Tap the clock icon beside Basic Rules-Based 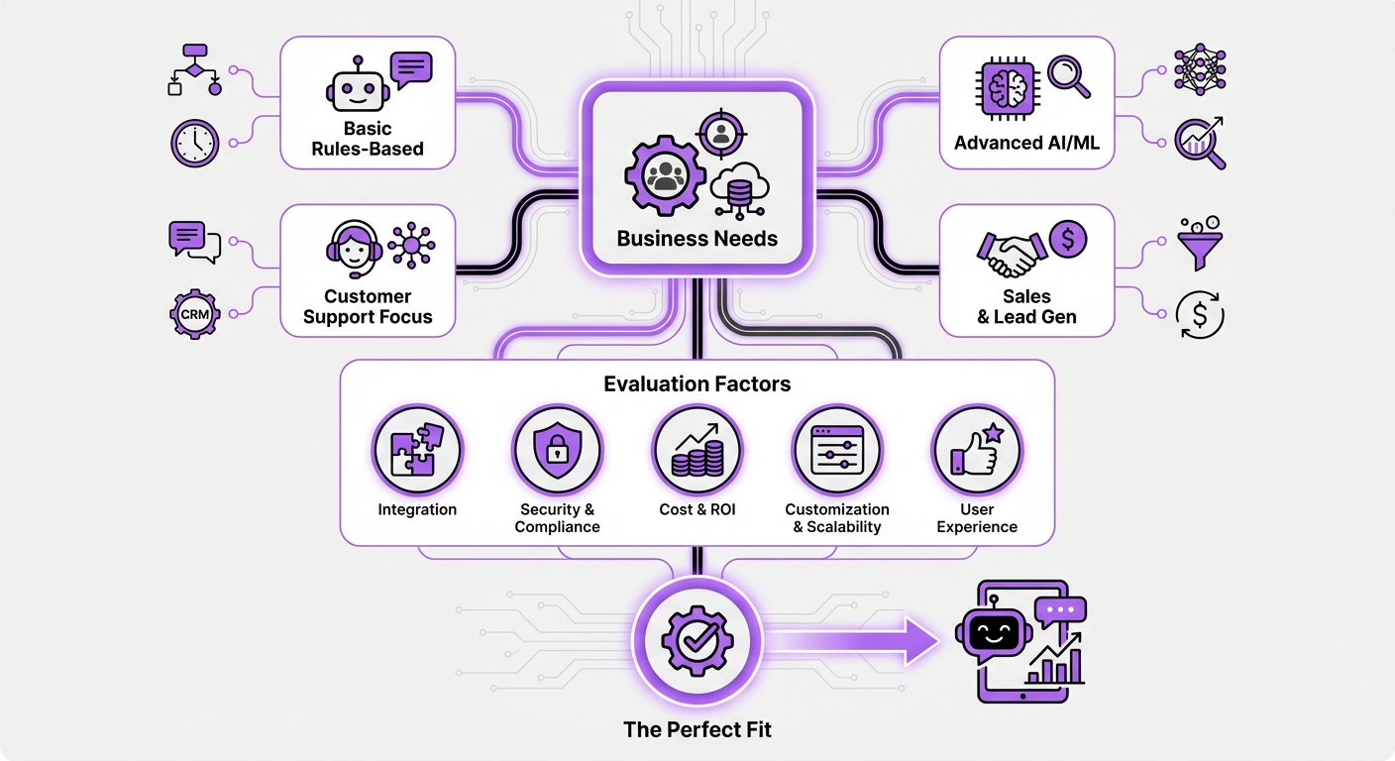coord(194,143)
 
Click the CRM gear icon coord(194,314)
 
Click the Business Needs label coord(697,239)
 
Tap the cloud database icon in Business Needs coord(740,189)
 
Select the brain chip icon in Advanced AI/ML coord(1006,88)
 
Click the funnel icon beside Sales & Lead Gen coord(1200,242)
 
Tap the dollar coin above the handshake coord(1067,239)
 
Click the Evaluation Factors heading coord(697,383)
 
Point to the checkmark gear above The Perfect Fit coord(697,640)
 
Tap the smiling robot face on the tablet coord(993,632)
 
